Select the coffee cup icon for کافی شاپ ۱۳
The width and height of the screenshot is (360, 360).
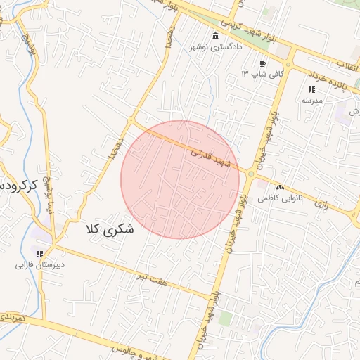262,64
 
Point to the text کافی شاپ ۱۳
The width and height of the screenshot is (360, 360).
262,74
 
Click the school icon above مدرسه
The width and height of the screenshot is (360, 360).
311,89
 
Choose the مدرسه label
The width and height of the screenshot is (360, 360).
311,101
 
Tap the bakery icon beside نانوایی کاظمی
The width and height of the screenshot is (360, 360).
281,188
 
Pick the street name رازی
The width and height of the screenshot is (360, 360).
322,203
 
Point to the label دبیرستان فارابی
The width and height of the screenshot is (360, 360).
40,266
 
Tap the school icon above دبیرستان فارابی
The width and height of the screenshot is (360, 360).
40,254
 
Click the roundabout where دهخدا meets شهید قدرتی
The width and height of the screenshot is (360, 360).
131,121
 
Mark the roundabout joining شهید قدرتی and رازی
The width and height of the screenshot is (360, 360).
250,174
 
